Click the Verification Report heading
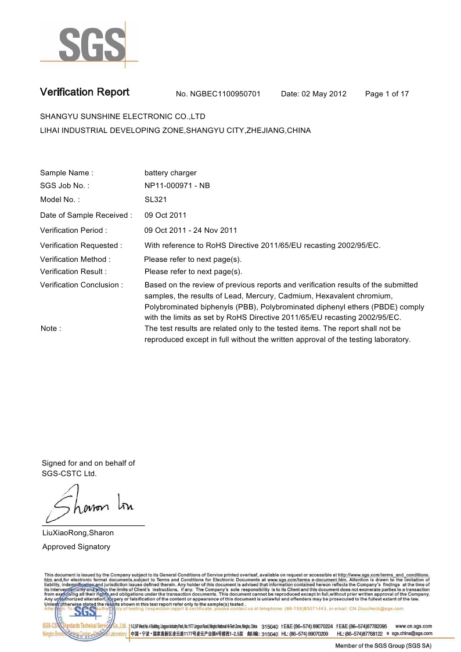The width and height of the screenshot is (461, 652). point(85,92)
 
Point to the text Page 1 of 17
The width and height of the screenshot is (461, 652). point(387,94)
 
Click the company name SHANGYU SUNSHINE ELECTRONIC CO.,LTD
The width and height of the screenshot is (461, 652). point(123,117)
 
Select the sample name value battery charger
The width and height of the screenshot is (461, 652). point(170,173)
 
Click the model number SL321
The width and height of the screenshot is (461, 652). point(155,200)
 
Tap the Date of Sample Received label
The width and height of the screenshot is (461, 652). point(86,215)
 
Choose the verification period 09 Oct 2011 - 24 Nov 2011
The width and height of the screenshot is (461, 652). point(190,230)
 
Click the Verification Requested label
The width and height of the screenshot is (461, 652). point(81,246)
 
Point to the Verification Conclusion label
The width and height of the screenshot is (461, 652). point(81,285)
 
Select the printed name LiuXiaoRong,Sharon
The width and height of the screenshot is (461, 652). point(78,533)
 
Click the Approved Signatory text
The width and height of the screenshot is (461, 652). point(76,547)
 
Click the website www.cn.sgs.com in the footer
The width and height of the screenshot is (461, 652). point(413,626)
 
